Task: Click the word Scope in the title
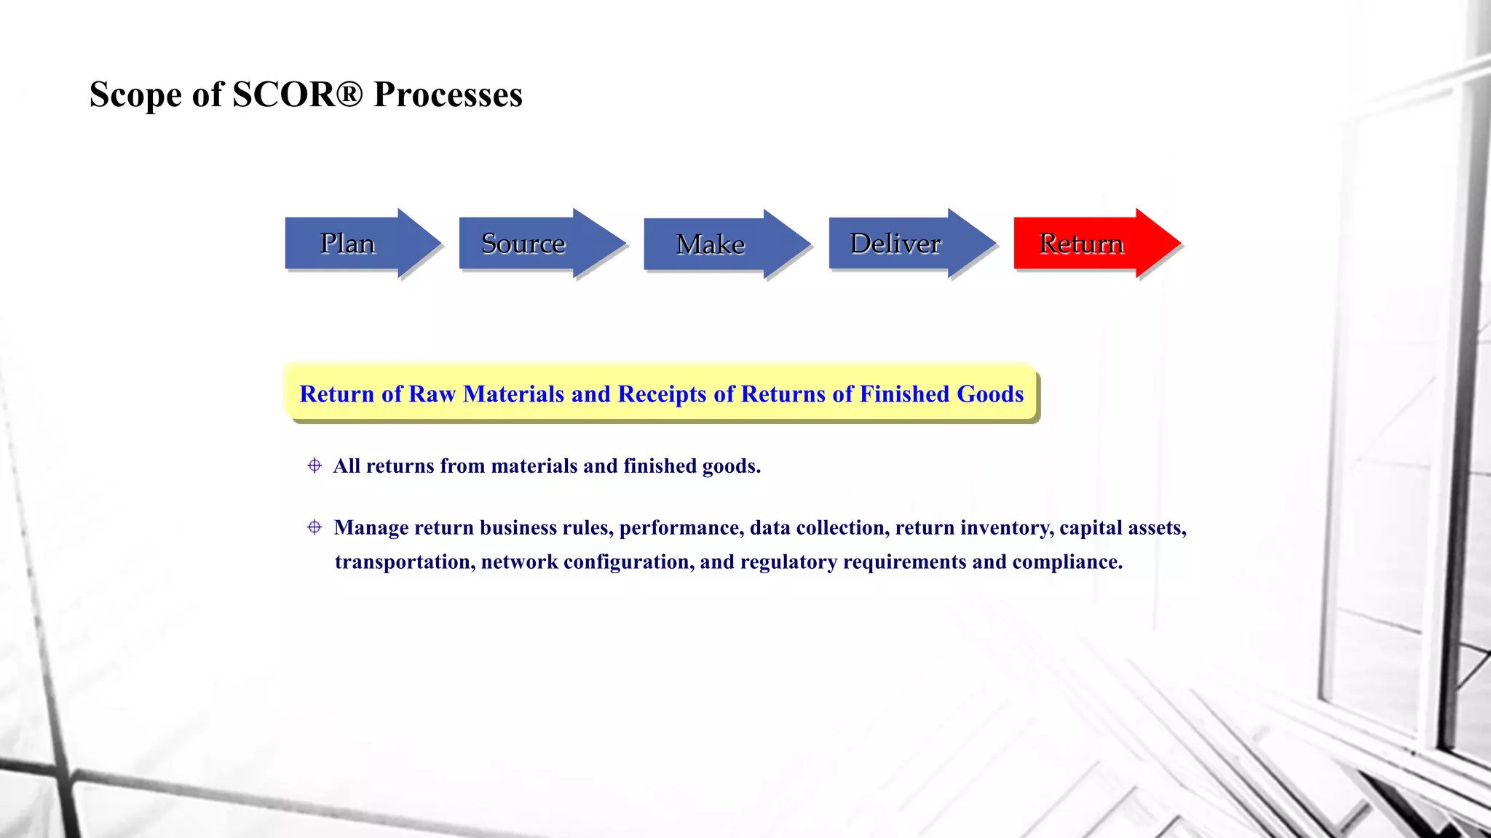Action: point(135,95)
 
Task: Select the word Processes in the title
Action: point(448,95)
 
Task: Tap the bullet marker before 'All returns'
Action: point(315,466)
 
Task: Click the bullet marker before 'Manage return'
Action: point(315,527)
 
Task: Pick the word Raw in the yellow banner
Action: point(432,394)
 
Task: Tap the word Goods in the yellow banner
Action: point(990,394)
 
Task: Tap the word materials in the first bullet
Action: point(535,466)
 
